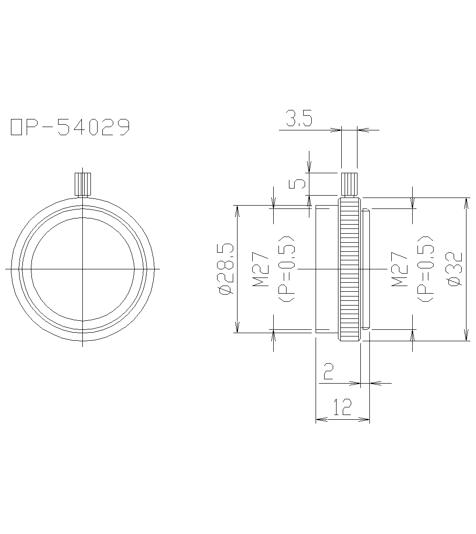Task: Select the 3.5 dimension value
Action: click(x=298, y=119)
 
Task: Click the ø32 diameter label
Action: click(x=455, y=268)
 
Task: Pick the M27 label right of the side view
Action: click(x=400, y=269)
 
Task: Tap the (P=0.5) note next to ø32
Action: click(x=425, y=268)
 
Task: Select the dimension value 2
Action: click(x=328, y=371)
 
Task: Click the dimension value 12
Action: click(x=342, y=407)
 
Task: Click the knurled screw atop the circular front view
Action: click(x=83, y=184)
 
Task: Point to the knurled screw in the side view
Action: click(x=349, y=185)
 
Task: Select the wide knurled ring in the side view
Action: click(x=349, y=269)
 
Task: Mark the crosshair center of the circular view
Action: click(x=83, y=269)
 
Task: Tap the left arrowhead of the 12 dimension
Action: click(x=319, y=419)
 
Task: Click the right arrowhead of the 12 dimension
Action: click(x=367, y=419)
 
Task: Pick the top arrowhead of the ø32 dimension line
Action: click(x=465, y=200)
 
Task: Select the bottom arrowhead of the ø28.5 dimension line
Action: click(x=237, y=329)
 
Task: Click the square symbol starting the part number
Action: click(x=16, y=128)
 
